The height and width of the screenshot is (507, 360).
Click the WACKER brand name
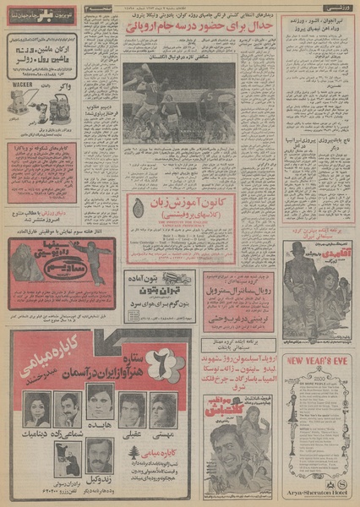(x=26, y=84)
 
